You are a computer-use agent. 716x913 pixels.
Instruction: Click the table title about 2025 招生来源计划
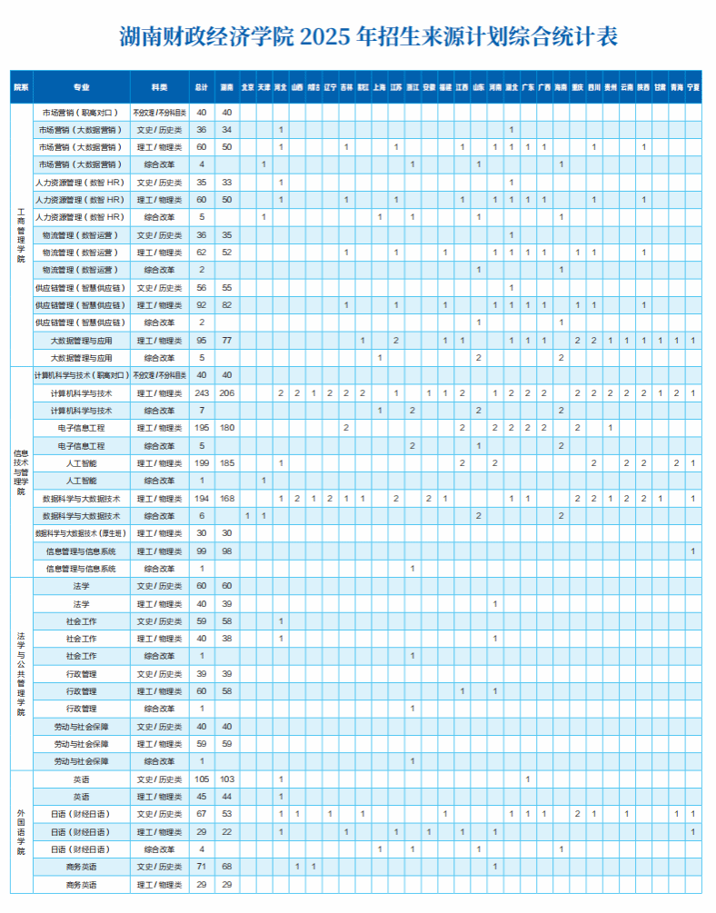click(369, 36)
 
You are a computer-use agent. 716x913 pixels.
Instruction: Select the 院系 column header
click(21, 87)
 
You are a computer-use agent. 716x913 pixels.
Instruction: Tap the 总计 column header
click(202, 87)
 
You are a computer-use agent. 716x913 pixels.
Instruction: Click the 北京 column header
click(247, 87)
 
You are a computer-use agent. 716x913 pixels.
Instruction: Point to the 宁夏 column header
click(693, 87)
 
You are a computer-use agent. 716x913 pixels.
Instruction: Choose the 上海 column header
click(379, 87)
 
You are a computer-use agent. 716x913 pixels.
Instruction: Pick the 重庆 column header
click(577, 87)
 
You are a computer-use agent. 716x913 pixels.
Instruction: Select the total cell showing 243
click(202, 393)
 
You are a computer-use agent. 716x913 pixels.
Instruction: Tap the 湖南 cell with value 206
click(227, 393)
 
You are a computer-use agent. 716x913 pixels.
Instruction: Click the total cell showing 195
click(202, 428)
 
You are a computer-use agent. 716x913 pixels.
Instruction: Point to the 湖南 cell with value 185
click(227, 463)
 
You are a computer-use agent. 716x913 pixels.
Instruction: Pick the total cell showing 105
click(202, 779)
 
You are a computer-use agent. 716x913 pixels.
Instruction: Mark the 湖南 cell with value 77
click(227, 341)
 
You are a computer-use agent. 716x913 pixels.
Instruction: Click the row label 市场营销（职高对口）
click(81, 113)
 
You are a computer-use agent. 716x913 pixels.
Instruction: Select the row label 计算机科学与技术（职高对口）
click(81, 375)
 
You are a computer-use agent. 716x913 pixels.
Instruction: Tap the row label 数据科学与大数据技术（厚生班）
click(81, 533)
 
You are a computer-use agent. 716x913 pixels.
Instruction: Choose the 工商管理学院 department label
click(21, 234)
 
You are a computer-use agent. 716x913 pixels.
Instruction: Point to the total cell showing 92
click(202, 305)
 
